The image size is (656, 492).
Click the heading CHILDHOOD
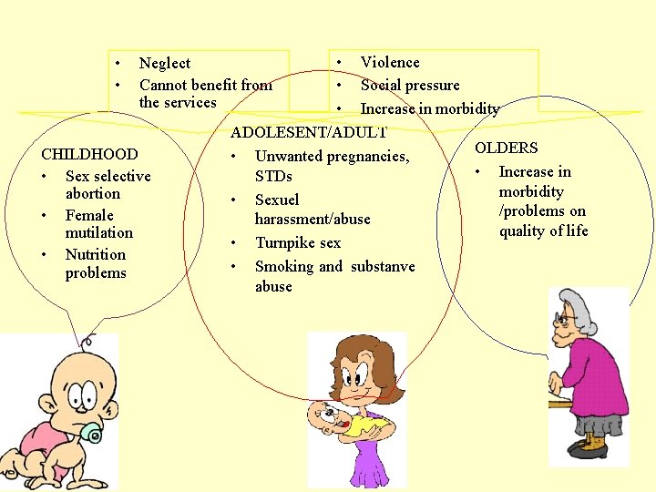point(89,155)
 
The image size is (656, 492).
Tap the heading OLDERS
point(506,148)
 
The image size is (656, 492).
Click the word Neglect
point(164,63)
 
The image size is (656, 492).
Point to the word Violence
point(390,62)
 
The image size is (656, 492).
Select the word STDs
point(273,176)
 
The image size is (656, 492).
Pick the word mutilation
point(98,232)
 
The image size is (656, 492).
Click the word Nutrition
point(95,254)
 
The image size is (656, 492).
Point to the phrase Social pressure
point(409,85)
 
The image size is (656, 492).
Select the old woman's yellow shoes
point(593,445)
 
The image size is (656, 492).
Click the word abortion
point(92,193)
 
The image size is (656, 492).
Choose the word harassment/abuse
point(312,219)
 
